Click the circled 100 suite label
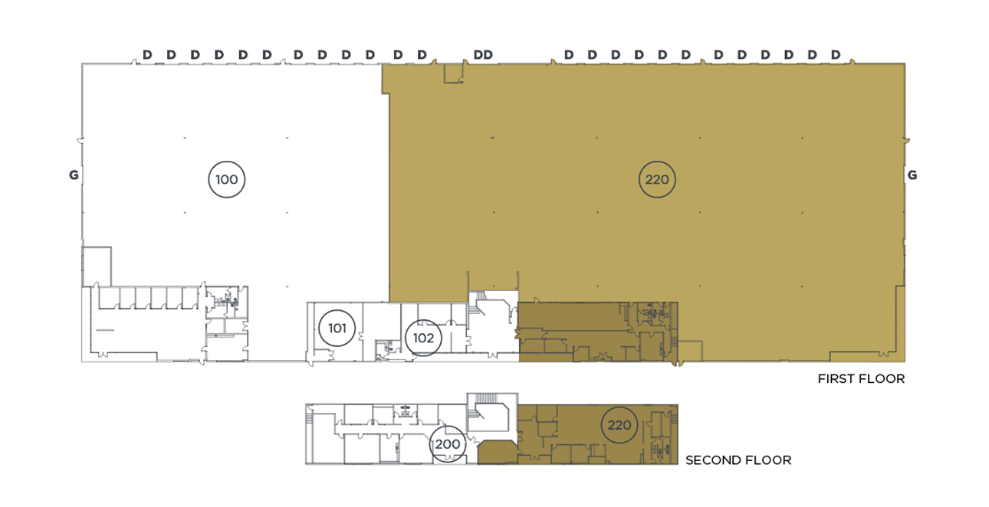pos(226,179)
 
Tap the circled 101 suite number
pos(337,328)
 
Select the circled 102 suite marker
pos(423,339)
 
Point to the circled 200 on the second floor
pos(448,444)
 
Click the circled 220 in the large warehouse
pos(657,179)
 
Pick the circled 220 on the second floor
pos(619,425)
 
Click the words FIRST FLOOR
pos(861,378)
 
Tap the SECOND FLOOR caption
pos(738,460)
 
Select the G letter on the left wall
pos(74,175)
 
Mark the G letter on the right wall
pos(912,175)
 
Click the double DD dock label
pos(483,55)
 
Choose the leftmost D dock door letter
pos(147,55)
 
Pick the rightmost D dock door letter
pos(836,55)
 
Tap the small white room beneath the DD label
pos(453,74)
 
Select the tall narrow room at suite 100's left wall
pos(97,267)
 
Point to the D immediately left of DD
pos(422,55)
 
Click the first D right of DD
pos(569,55)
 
